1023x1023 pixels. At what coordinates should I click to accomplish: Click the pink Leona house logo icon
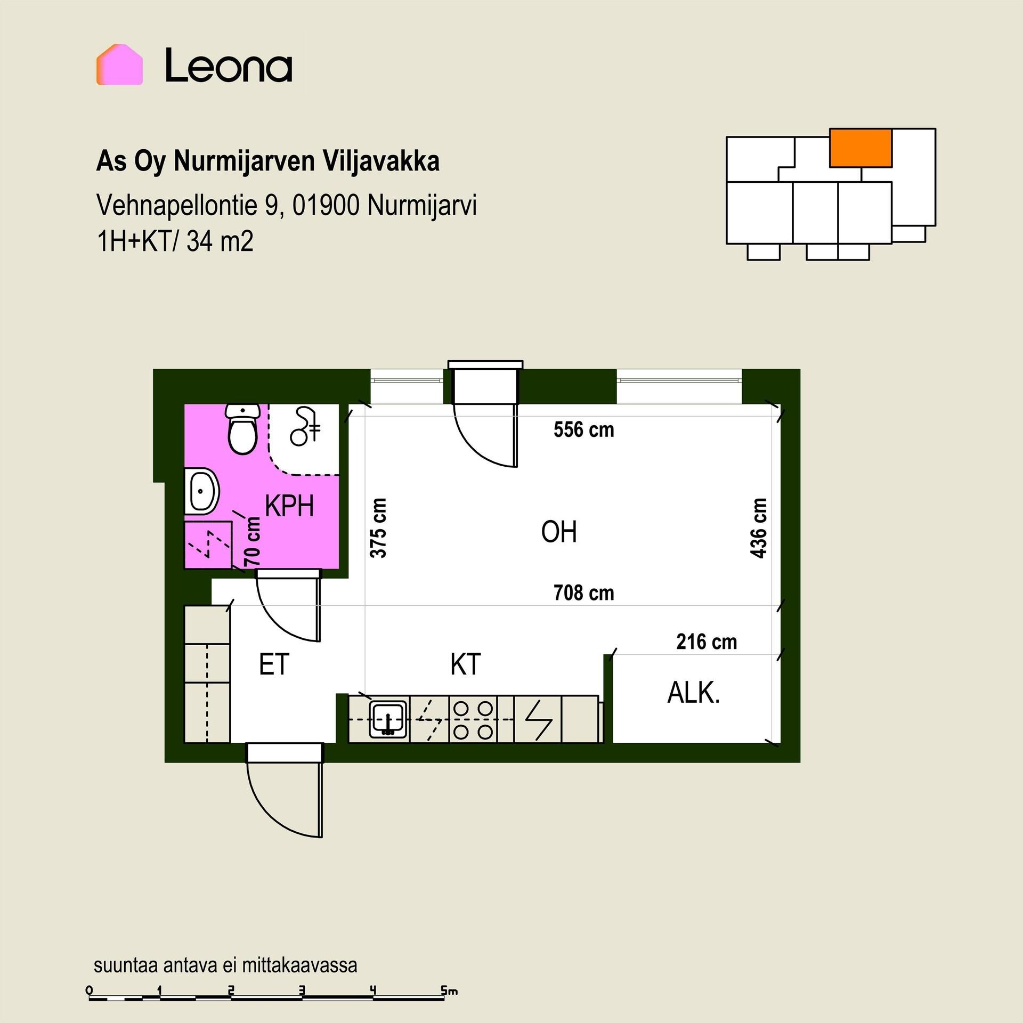[x=119, y=64]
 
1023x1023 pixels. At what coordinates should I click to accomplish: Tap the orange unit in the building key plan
[x=860, y=148]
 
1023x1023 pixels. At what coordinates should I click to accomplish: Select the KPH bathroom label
[x=289, y=506]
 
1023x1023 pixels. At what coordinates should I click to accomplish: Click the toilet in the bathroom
[x=243, y=428]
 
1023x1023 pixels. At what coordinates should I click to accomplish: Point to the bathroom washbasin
[x=202, y=491]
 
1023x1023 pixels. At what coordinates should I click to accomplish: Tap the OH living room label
[x=559, y=532]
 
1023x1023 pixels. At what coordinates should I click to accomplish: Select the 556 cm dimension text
[x=583, y=429]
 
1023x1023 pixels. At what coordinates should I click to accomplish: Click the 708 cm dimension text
[x=583, y=592]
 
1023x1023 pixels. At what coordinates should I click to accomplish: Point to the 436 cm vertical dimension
[x=758, y=528]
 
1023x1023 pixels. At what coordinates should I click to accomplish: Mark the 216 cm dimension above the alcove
[x=707, y=642]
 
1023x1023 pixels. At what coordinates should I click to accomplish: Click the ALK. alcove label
[x=694, y=693]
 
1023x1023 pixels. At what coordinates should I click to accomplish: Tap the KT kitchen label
[x=465, y=664]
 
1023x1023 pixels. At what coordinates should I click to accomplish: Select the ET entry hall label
[x=274, y=664]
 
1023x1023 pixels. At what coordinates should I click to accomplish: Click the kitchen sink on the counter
[x=388, y=719]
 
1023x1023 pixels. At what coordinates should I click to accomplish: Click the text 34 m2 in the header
[x=220, y=241]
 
